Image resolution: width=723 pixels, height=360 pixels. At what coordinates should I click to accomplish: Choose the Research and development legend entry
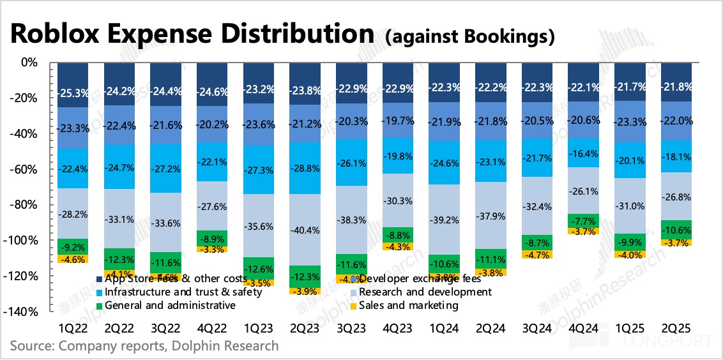click(425, 292)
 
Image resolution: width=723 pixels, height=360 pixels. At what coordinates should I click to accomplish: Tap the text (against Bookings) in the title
click(469, 37)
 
